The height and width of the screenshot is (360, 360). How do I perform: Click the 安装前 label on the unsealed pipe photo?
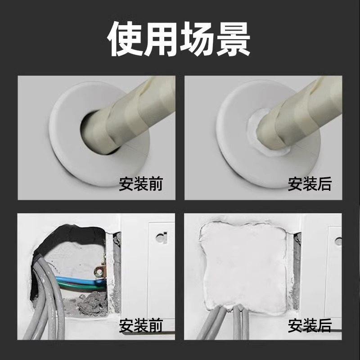point(141,184)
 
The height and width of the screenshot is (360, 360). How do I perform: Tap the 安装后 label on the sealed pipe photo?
point(310,184)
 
